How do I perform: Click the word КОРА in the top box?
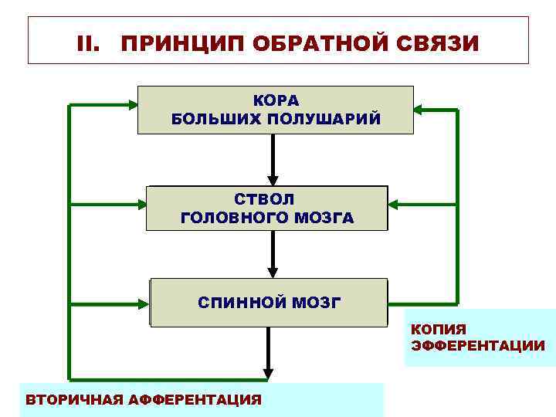[276, 101]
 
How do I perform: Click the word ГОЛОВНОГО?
[232, 218]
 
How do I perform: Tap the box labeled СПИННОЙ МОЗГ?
[268, 302]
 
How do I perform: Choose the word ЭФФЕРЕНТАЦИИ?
[477, 345]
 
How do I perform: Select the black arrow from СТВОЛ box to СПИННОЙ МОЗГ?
[272, 255]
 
